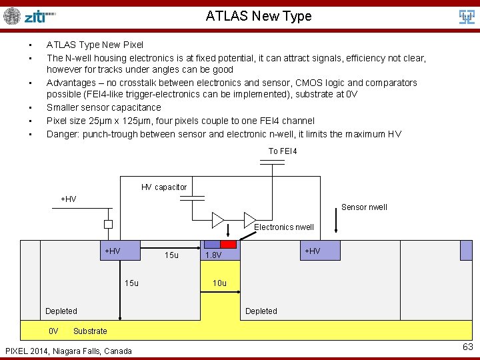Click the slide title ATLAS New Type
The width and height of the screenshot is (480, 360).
tap(259, 16)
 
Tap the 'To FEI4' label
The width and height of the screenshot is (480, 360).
tap(283, 151)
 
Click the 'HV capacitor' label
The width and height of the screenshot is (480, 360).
tap(164, 187)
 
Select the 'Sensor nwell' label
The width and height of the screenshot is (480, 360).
tap(364, 207)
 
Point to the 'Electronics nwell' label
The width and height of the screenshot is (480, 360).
tap(284, 227)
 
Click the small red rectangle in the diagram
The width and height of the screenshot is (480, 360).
tap(229, 245)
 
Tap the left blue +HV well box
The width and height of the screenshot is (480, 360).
tap(120, 251)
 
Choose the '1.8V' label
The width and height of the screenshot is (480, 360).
tap(213, 255)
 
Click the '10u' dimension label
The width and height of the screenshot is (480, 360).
tap(219, 283)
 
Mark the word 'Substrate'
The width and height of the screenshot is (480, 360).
tap(90, 331)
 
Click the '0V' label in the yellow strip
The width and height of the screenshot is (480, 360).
tap(54, 331)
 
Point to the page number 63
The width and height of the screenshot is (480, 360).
tap(467, 347)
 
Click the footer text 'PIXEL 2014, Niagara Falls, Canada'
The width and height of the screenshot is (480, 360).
tap(69, 351)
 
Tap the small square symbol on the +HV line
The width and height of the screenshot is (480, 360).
tap(108, 225)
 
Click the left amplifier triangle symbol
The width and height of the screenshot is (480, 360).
tap(218, 219)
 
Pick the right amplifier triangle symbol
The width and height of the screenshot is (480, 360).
tap(250, 219)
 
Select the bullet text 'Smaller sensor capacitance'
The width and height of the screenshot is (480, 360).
tap(103, 107)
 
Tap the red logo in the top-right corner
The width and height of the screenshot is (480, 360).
tap(467, 16)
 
